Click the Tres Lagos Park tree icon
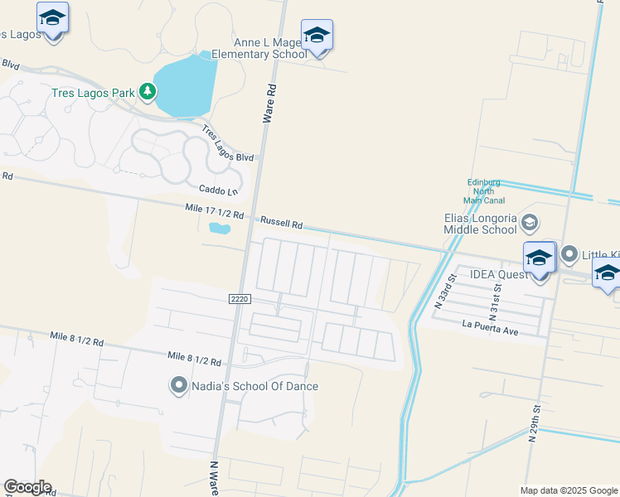point(148,91)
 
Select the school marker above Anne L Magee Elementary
point(317,36)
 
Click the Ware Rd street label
point(269,103)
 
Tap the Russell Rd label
point(282,223)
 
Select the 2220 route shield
point(238,298)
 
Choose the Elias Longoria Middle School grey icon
point(530,223)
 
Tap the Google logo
point(27,487)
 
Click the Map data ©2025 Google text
point(568,490)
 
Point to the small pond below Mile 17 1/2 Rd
point(219,227)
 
